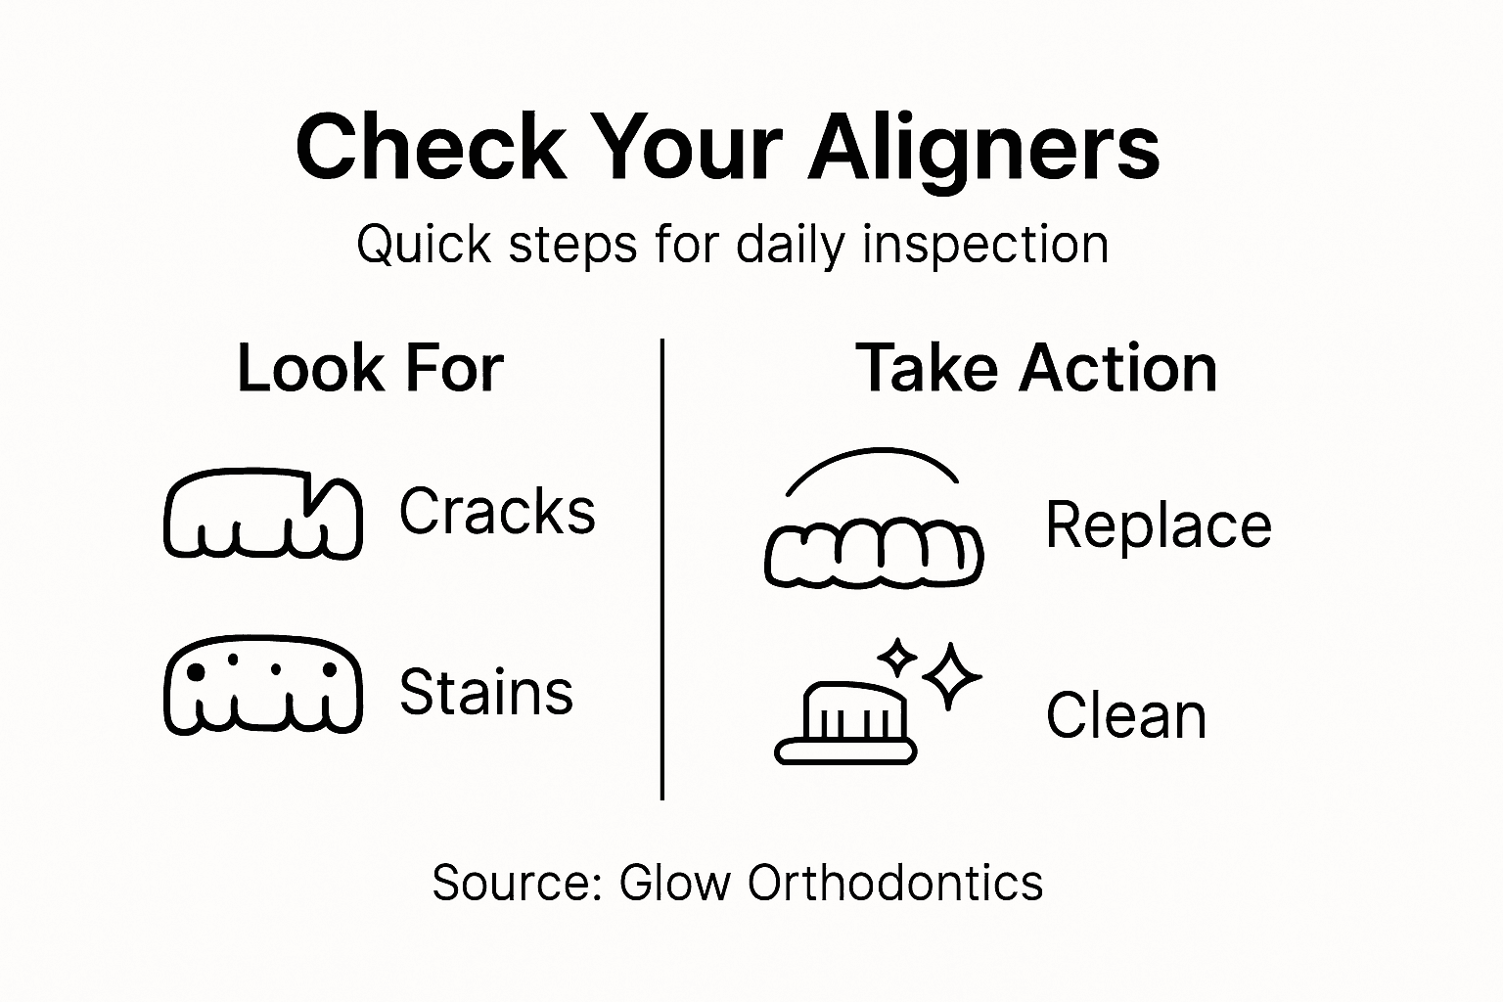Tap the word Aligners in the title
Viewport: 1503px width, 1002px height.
[x=983, y=149]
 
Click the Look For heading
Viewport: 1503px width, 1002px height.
[x=370, y=369]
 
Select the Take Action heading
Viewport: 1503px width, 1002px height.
[x=1036, y=369]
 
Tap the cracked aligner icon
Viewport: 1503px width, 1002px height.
[x=262, y=516]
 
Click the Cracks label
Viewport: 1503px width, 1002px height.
[x=497, y=512]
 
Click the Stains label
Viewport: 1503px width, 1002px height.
[x=486, y=692]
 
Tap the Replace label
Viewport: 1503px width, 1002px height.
[x=1159, y=525]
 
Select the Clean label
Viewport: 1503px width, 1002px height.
[x=1126, y=715]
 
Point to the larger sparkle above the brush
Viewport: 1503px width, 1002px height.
[x=951, y=675]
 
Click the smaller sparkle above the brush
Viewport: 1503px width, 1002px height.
[x=895, y=658]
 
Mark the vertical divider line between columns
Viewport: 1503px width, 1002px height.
[x=662, y=568]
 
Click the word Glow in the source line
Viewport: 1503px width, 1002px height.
[x=675, y=883]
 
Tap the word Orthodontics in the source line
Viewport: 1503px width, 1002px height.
[x=895, y=883]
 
